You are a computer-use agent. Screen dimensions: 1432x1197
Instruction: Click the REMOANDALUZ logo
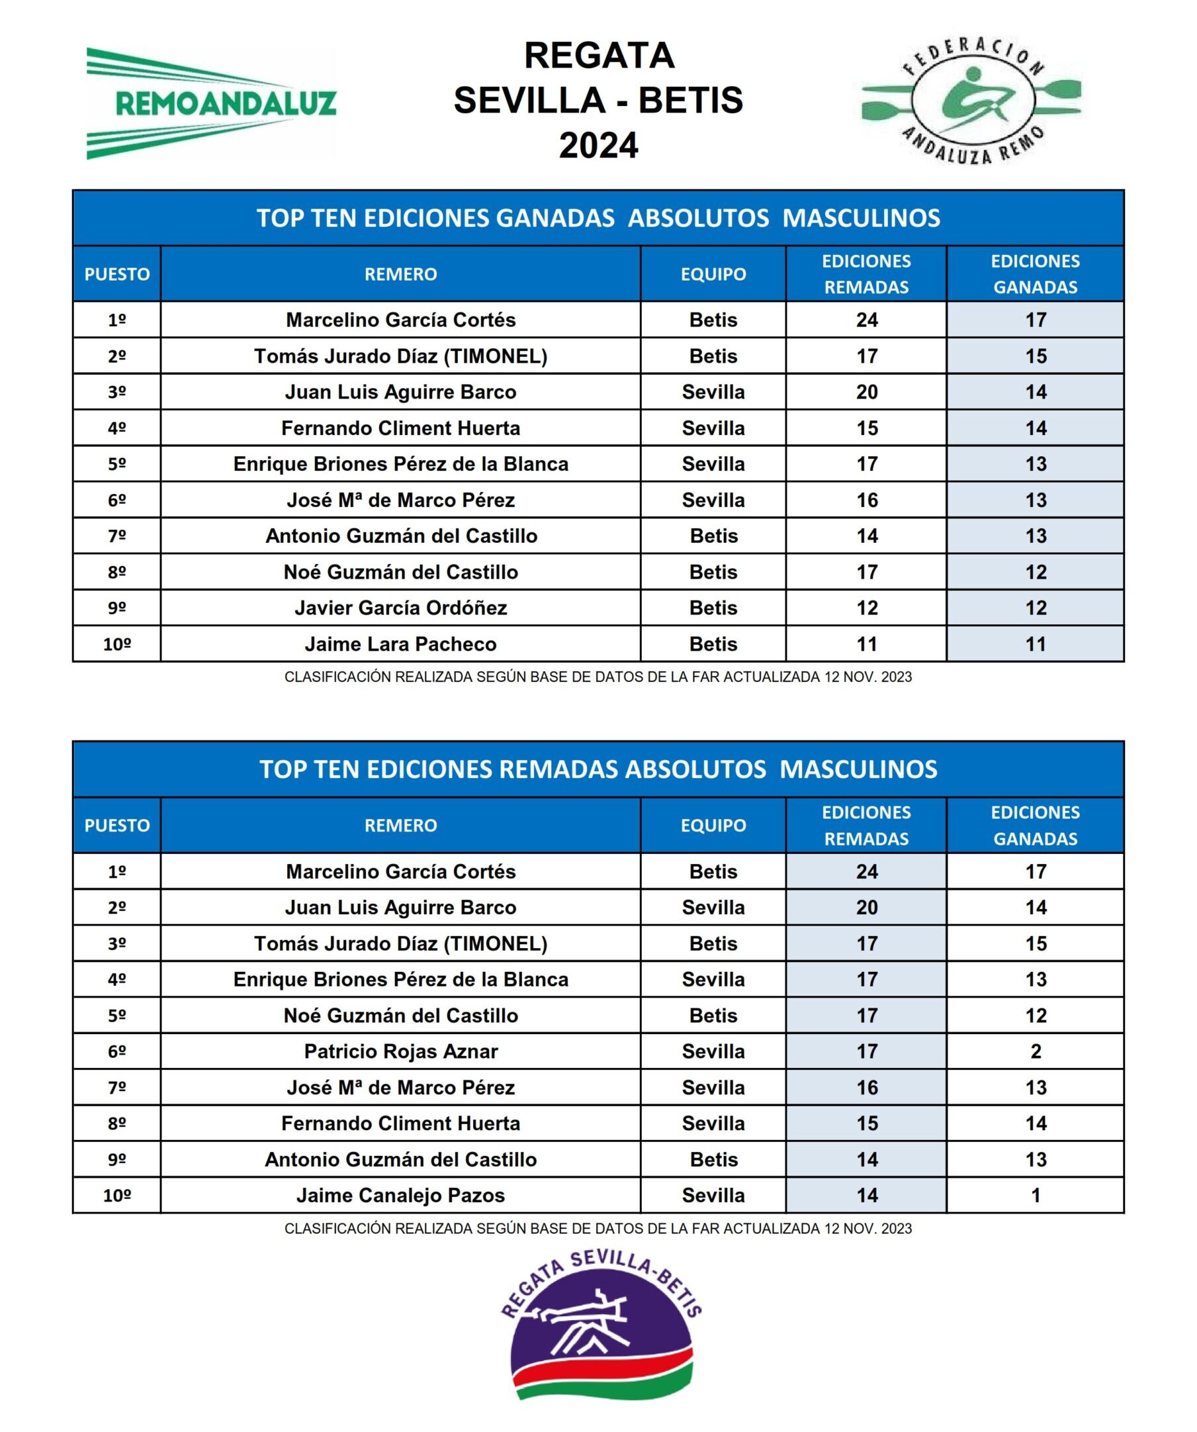[211, 104]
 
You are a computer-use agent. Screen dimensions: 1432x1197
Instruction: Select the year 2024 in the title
[598, 145]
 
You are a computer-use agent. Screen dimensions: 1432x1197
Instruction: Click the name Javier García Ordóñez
[400, 608]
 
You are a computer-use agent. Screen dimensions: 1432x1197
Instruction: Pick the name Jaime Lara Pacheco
[400, 644]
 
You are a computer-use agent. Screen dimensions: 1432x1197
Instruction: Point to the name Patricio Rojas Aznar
[400, 1051]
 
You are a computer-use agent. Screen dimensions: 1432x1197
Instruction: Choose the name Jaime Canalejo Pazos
[400, 1195]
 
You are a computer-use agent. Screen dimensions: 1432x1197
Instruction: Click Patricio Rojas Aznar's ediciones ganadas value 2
[1036, 1051]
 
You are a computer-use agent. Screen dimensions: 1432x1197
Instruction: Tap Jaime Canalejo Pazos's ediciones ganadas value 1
[1036, 1195]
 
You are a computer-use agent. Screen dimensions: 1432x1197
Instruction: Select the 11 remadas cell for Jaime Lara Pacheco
[866, 644]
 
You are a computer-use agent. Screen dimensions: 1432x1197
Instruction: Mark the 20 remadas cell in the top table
[866, 392]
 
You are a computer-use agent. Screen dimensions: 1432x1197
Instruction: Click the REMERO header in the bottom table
[400, 825]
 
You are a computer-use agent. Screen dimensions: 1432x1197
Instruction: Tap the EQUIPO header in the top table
[713, 274]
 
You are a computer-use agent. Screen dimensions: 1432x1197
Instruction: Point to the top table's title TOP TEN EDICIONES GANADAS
[598, 218]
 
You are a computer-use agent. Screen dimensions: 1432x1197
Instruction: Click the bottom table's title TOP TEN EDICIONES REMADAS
[598, 769]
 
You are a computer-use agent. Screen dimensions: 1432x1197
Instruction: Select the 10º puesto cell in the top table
[116, 644]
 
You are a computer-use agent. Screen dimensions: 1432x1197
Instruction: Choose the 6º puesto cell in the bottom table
[116, 1051]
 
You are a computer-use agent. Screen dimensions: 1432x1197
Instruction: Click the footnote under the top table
[598, 677]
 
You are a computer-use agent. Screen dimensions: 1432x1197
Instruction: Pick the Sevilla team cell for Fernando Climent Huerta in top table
[713, 428]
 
